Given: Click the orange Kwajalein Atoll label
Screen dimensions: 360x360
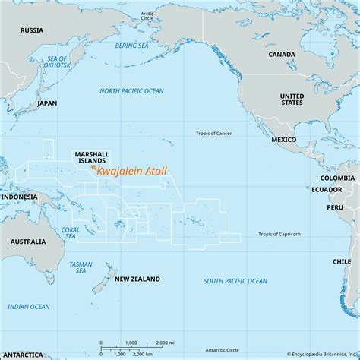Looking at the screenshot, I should (132, 173).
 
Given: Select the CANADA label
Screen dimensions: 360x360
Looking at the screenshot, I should (283, 55).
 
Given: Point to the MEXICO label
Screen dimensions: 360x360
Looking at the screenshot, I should (284, 141).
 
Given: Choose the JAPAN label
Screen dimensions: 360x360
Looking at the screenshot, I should (47, 103).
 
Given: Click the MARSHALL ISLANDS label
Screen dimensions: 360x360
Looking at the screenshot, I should (92, 156).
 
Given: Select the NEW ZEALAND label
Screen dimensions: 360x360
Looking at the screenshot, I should (137, 279).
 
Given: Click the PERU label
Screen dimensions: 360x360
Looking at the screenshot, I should (335, 207).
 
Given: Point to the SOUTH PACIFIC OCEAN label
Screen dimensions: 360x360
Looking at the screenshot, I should (235, 281).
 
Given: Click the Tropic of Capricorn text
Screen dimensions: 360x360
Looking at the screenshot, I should (279, 234).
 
